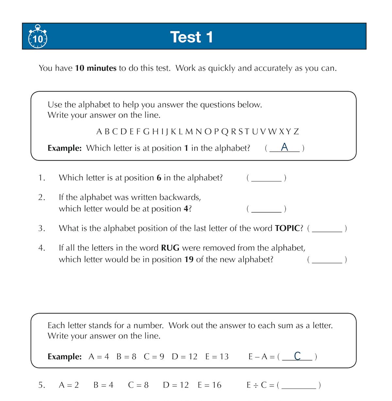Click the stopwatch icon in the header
pos(38,37)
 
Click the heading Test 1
pos(191,37)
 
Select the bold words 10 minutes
pos(96,68)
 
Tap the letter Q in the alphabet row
pos(225,132)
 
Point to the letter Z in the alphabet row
pos(296,132)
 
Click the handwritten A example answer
pos(285,147)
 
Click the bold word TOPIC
pos(287,228)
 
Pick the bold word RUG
pos(170,248)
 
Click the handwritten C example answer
pos(297,356)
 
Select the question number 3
pos(41,228)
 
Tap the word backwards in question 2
pos(180,197)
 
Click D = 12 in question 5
pos(176,385)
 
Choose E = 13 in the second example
pos(217,356)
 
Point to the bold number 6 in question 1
pos(159,178)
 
